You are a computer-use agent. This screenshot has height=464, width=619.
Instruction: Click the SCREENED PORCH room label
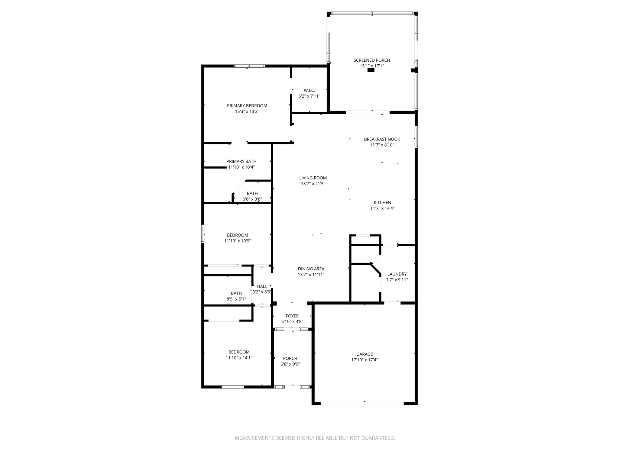pos(372,60)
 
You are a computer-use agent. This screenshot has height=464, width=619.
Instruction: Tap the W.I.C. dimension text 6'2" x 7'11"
pos(309,96)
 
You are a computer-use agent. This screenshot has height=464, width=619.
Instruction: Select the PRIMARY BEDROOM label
pos(247,106)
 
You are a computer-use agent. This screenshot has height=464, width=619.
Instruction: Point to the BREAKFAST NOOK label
pos(382,139)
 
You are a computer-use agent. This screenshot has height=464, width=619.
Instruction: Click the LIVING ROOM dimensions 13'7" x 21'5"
pos(313,184)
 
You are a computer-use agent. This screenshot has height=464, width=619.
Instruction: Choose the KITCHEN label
pos(382,202)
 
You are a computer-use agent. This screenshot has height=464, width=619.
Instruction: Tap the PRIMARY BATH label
pos(241,161)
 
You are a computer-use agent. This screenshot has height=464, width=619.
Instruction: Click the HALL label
pos(262,286)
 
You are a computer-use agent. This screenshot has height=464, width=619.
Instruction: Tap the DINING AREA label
pos(311,269)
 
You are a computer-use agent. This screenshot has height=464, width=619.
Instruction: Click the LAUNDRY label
pos(397,274)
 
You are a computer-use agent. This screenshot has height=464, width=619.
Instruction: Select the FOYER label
pos(292,316)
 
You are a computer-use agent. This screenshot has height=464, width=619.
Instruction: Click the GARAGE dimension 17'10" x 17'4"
pos(365,360)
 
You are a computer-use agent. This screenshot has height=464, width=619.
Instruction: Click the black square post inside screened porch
pos(371,70)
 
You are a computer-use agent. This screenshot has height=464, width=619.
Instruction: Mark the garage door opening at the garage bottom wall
pos(362,403)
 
